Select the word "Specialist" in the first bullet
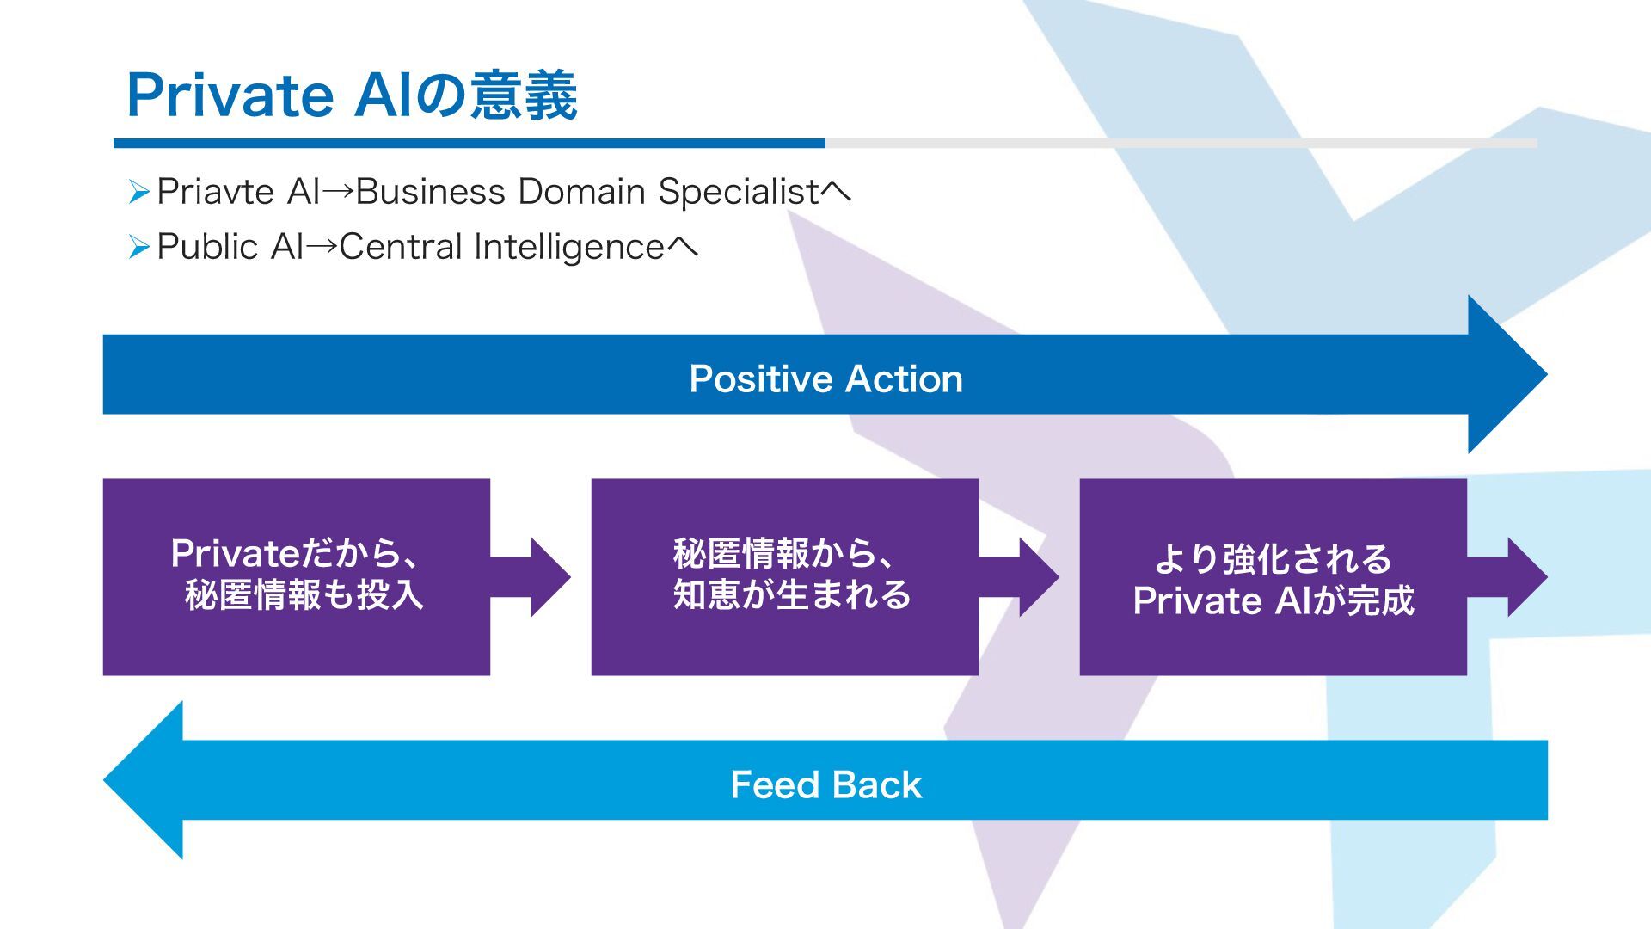coord(738,192)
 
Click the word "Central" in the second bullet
coord(401,247)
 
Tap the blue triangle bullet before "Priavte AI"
coord(139,193)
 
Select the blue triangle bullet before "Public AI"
coord(139,248)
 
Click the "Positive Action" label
coord(825,378)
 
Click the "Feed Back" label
coord(825,784)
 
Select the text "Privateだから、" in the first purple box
coord(294,553)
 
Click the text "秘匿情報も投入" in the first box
coord(304,595)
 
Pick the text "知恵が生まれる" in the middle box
coord(792,595)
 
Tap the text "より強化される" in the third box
coord(1273,558)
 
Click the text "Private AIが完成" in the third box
coord(1273,600)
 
